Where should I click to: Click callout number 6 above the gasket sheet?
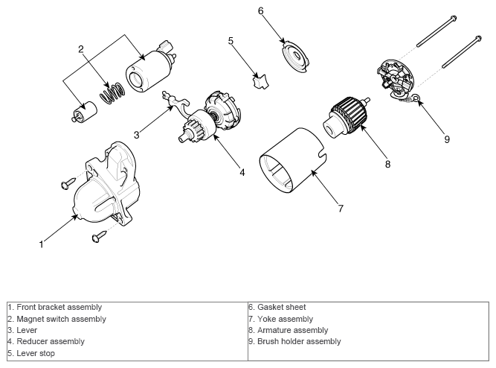click(x=260, y=11)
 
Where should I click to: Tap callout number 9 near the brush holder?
click(x=447, y=139)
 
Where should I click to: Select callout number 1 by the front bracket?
click(x=41, y=244)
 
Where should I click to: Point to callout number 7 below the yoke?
click(x=341, y=209)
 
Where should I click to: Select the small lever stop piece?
click(x=260, y=81)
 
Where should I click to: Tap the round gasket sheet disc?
click(x=294, y=57)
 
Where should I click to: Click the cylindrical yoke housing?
click(x=293, y=160)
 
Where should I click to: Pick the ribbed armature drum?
click(x=348, y=114)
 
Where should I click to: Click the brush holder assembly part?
click(x=396, y=77)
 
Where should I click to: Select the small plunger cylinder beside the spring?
click(x=84, y=112)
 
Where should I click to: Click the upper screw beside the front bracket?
click(x=68, y=183)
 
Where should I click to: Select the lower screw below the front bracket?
click(x=99, y=236)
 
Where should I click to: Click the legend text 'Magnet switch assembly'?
click(x=62, y=319)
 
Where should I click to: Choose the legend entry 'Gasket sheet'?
click(x=282, y=307)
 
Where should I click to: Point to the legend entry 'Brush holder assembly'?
click(x=299, y=341)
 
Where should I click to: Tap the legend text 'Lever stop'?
click(x=36, y=353)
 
